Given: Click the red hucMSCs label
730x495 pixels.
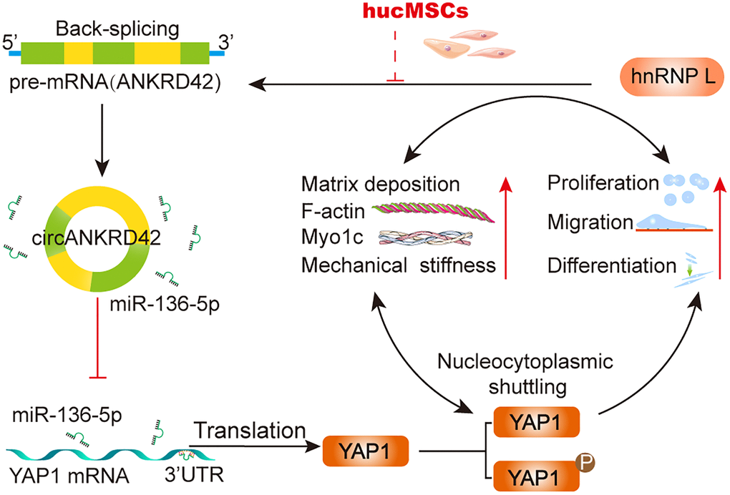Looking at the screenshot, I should [x=389, y=12].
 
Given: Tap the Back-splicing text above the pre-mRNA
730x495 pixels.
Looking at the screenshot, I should [x=113, y=29].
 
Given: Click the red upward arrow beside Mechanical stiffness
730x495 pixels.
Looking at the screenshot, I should [x=507, y=229].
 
